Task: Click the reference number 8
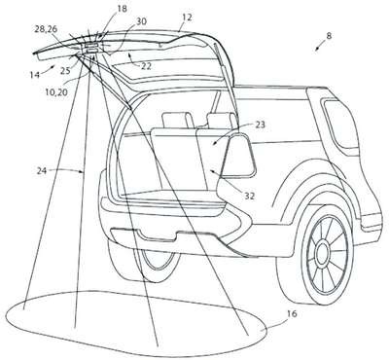(x=329, y=36)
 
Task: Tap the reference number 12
(x=187, y=18)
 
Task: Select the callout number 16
(x=291, y=314)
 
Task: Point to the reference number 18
(x=122, y=9)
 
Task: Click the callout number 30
(x=141, y=21)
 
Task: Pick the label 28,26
(x=46, y=29)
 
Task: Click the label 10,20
(x=57, y=92)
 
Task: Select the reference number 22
(x=146, y=66)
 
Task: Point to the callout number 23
(x=260, y=125)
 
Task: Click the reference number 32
(x=250, y=197)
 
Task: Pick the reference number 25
(x=65, y=70)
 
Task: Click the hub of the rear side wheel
(x=323, y=251)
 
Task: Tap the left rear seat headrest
(x=176, y=120)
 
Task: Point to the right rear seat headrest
(x=221, y=120)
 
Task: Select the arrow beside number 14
(x=50, y=68)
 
